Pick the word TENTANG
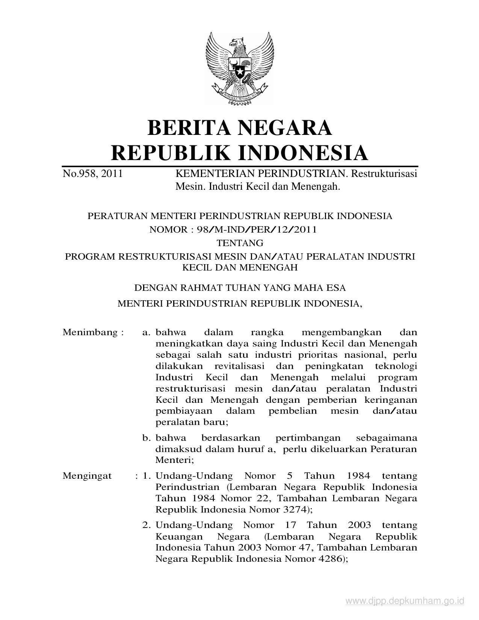240,243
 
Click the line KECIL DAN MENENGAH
240,268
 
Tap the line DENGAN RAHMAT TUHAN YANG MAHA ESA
240,288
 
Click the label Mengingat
87,476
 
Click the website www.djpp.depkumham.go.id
405,602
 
